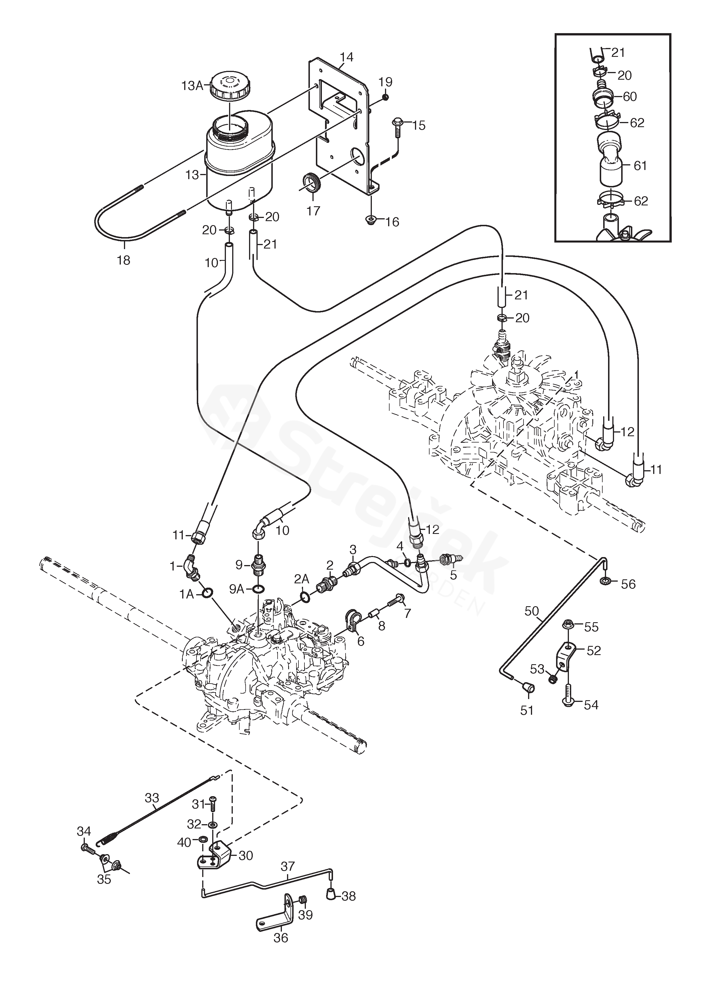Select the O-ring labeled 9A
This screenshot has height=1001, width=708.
pyautogui.click(x=258, y=589)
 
